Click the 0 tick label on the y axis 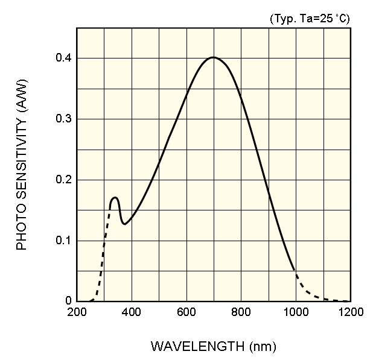(68, 301)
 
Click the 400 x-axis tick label (132, 312)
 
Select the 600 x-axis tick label (186, 312)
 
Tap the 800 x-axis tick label (241, 312)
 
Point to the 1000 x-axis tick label (296, 312)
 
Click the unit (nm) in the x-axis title (261, 347)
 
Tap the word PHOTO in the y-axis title (22, 229)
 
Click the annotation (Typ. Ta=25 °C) (309, 19)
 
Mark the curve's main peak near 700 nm (213, 57)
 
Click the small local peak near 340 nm (115, 197)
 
